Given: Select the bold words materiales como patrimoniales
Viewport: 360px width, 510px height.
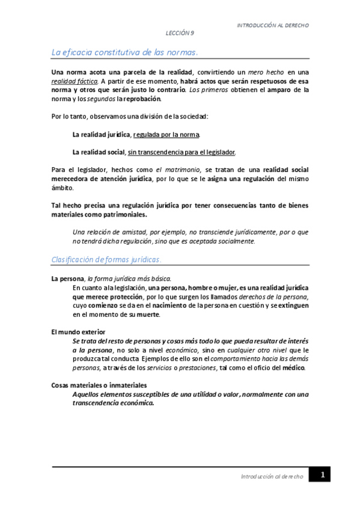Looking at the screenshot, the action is point(99,214).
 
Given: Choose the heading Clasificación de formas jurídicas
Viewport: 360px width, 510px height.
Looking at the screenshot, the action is point(106,260).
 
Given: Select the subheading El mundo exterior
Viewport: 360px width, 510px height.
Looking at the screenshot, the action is point(79,331).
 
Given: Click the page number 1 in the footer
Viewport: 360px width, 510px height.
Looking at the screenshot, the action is point(322,475).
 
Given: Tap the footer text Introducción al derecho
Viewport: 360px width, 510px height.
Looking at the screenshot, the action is point(272,476).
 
